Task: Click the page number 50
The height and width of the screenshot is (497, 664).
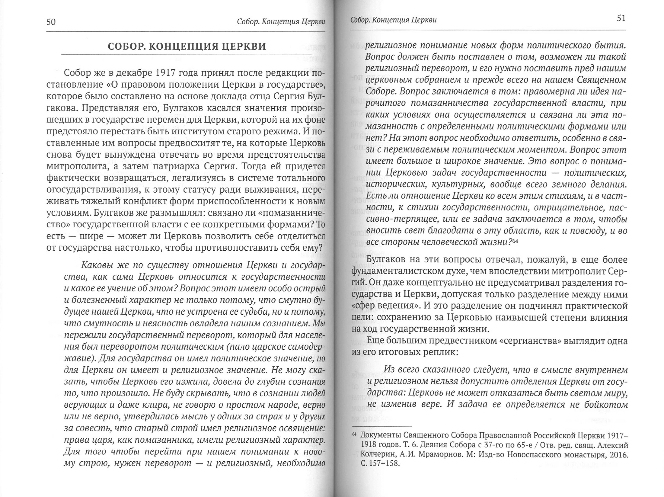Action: click(x=51, y=22)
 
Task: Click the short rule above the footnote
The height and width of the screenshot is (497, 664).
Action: click(x=382, y=426)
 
